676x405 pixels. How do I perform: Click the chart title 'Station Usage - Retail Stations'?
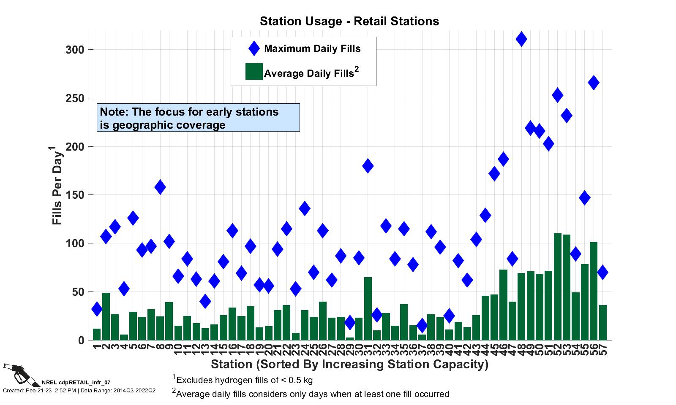coord(349,21)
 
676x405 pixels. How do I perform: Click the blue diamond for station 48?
coord(521,39)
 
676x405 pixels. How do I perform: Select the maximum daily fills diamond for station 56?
coord(594,83)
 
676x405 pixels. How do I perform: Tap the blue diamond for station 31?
coord(368,166)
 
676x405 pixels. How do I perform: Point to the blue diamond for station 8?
coord(160,187)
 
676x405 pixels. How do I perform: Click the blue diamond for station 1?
coord(97,309)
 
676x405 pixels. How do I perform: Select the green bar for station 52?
coord(558,287)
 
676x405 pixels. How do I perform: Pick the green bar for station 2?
coord(106,316)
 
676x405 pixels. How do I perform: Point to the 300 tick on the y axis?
coord(75,50)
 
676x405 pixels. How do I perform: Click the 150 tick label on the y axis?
coord(75,195)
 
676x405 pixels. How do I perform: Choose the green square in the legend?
coord(254,72)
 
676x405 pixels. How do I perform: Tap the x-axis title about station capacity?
coord(349,364)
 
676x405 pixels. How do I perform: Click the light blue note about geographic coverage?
coord(198,118)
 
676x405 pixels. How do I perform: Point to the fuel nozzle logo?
coord(21,374)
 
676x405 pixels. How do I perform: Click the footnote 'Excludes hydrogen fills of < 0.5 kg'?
coord(244,380)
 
